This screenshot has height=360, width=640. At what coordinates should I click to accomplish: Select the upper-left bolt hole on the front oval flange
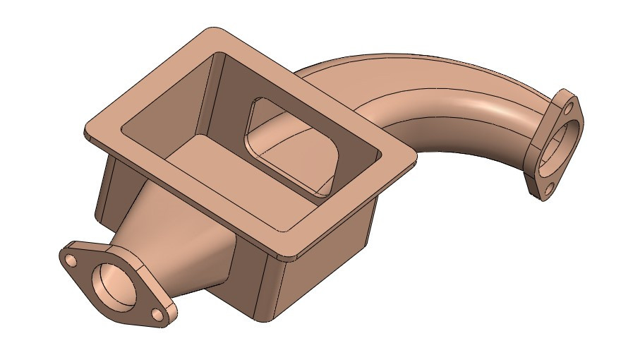coord(72,260)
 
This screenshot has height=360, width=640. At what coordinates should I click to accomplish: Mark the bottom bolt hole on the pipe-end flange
coord(548,188)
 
